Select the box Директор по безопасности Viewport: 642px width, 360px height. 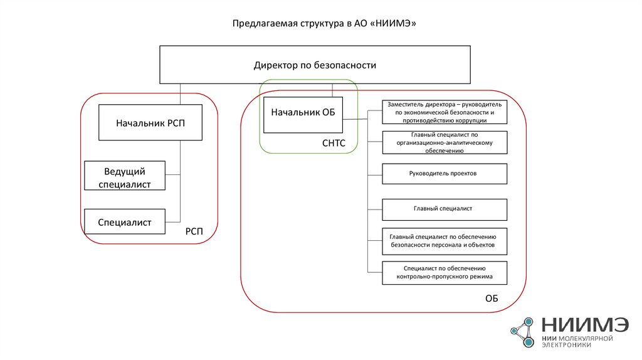pyautogui.click(x=315, y=65)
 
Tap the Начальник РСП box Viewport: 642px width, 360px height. pyautogui.click(x=150, y=123)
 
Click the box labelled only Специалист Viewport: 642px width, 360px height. pyautogui.click(x=125, y=221)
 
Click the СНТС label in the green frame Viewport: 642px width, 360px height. pyautogui.click(x=333, y=144)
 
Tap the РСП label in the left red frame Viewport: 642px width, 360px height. pyautogui.click(x=194, y=232)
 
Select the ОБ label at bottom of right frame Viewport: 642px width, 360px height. pyautogui.click(x=491, y=299)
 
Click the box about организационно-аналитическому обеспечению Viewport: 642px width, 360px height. pyautogui.click(x=445, y=142)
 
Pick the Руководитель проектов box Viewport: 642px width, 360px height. pyautogui.click(x=445, y=173)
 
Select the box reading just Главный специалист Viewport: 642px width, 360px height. pyautogui.click(x=445, y=208)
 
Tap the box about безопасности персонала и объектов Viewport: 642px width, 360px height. pyautogui.click(x=445, y=241)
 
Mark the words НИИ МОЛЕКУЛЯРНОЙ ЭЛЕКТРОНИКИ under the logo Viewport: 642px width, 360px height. pyautogui.click(x=576, y=341)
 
